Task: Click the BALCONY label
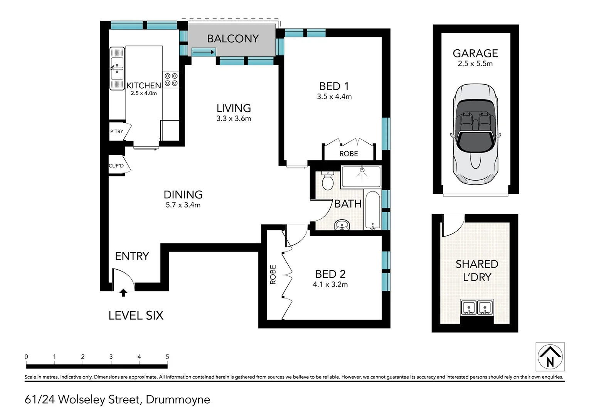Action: [233, 39]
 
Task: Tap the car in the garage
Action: [475, 134]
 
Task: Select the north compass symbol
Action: [550, 357]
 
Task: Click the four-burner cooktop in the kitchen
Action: [171, 80]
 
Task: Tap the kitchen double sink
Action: [117, 69]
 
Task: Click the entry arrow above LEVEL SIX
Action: [123, 293]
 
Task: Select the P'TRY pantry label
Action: [117, 131]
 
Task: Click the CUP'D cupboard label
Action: [116, 166]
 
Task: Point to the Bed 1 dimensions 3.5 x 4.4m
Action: [334, 97]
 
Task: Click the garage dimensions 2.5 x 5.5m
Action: [475, 64]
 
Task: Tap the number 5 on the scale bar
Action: [167, 357]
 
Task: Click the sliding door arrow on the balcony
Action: [204, 52]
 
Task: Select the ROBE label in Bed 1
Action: [349, 154]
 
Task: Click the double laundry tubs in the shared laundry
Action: [477, 307]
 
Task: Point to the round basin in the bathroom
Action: [342, 225]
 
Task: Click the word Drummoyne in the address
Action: [178, 400]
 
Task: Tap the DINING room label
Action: [183, 195]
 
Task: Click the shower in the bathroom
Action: [361, 176]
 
